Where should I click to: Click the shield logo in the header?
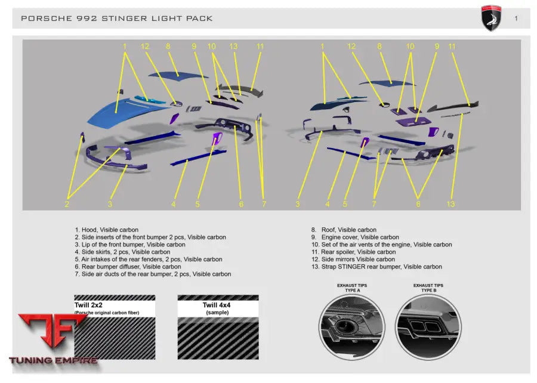click(x=491, y=18)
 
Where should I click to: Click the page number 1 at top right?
click(x=516, y=18)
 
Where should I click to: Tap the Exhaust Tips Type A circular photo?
click(x=352, y=327)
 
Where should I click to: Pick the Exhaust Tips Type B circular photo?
click(x=428, y=327)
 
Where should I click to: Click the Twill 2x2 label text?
click(x=88, y=305)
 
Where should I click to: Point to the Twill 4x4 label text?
click(x=217, y=305)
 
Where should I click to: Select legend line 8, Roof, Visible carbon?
click(x=344, y=230)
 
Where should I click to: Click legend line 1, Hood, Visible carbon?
click(x=107, y=230)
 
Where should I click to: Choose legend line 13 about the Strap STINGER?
click(x=376, y=267)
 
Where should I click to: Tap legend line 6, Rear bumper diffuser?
click(x=128, y=267)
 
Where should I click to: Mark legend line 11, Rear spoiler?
click(x=353, y=252)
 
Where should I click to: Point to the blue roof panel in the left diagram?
click(x=177, y=76)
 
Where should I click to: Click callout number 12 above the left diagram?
click(x=145, y=46)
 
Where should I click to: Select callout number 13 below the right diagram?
click(x=450, y=204)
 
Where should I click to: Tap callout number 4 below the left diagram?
click(x=173, y=204)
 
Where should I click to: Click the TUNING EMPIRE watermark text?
click(x=54, y=360)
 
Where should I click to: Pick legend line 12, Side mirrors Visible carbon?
click(x=353, y=260)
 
